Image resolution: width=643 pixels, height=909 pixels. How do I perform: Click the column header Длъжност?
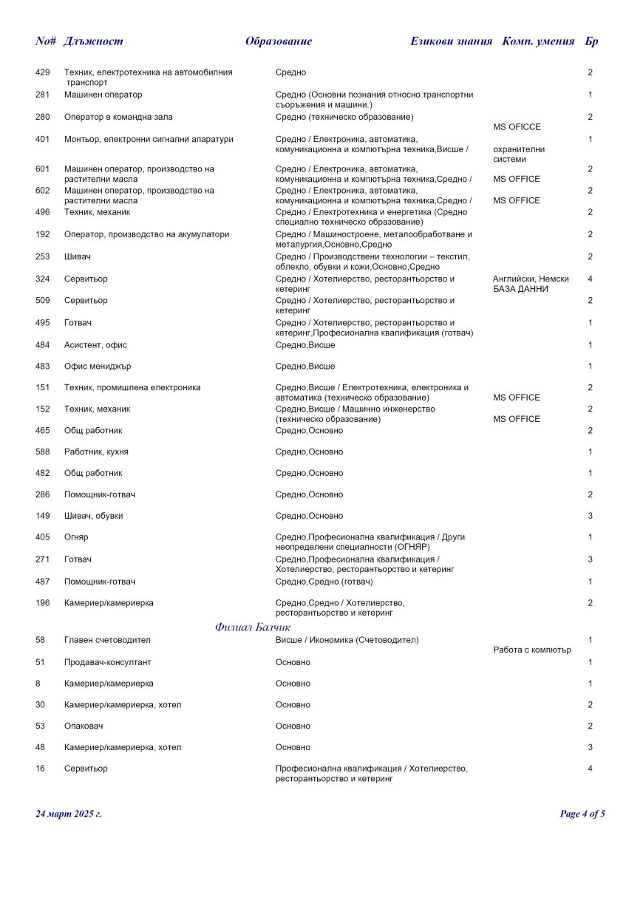coord(94,41)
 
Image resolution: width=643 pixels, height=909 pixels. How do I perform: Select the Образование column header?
coord(279,41)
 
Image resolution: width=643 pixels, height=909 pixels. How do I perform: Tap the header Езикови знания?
coord(451,41)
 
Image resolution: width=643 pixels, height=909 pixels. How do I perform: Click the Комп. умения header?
coord(538,41)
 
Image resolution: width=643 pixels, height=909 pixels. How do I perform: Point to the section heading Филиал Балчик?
coord(253,627)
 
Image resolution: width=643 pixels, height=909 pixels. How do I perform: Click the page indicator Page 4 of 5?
coord(582,814)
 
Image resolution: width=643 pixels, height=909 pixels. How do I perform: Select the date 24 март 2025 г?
coord(69,814)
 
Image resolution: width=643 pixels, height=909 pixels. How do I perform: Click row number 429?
coord(43,72)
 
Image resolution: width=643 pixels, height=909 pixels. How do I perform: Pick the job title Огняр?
coord(76,537)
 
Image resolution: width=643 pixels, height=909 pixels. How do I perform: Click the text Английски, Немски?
coord(531,279)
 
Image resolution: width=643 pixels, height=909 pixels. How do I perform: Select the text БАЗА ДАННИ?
coord(520,289)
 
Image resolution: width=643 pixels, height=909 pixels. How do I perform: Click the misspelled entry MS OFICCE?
coord(517,127)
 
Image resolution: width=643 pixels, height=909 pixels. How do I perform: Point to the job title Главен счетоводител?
coord(107,640)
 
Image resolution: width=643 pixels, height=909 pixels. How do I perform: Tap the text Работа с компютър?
coord(531,650)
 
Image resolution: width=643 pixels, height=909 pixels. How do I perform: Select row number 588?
coord(43,452)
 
